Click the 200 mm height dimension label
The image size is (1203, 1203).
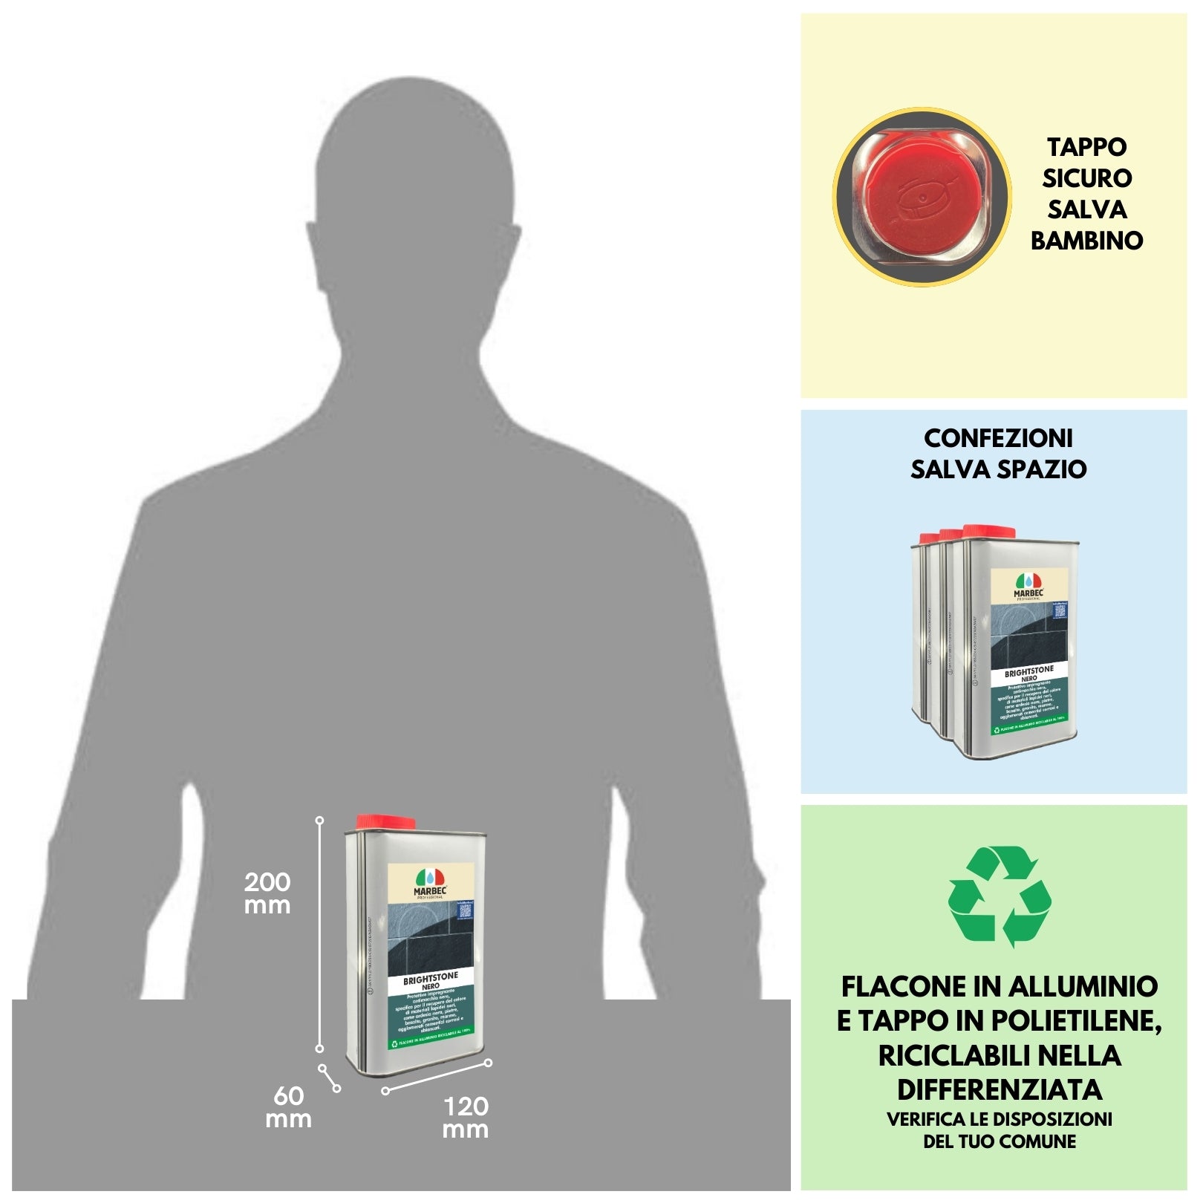pyautogui.click(x=267, y=893)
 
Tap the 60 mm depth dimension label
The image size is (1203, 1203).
pyautogui.click(x=288, y=1106)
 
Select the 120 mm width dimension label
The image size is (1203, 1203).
pyautogui.click(x=466, y=1118)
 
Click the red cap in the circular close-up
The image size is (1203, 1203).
pyautogui.click(x=915, y=195)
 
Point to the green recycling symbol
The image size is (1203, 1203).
pyautogui.click(x=1000, y=896)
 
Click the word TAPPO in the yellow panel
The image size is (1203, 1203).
pyautogui.click(x=1086, y=147)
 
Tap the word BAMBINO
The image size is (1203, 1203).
pyautogui.click(x=1086, y=241)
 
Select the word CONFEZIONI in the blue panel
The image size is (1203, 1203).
pyautogui.click(x=998, y=438)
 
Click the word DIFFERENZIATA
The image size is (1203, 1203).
pyautogui.click(x=1000, y=1089)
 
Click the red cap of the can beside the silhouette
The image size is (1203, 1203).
pyautogui.click(x=385, y=822)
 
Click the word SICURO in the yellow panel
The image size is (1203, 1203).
pyautogui.click(x=1086, y=178)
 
